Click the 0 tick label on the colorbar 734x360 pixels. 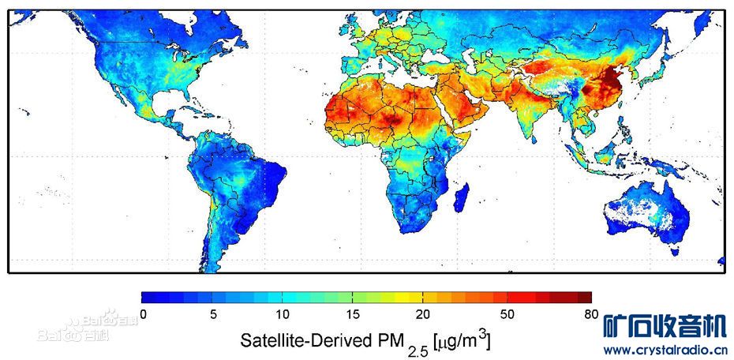(x=143, y=314)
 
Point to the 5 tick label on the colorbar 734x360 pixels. (x=213, y=314)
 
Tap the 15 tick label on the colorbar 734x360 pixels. (x=352, y=314)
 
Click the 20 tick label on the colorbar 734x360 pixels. (x=423, y=314)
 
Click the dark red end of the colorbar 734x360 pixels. (x=583, y=298)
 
